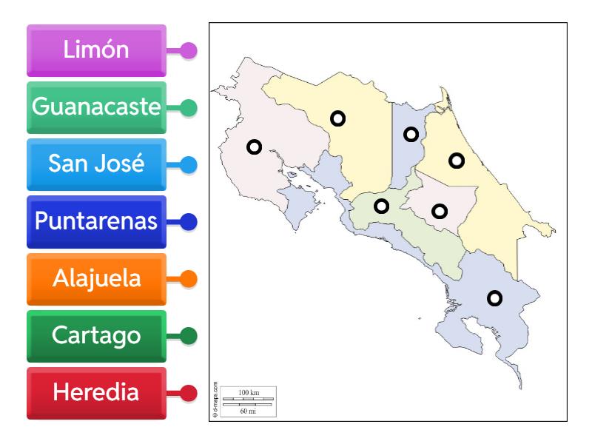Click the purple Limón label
coord(96,50)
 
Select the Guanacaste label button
coord(96,107)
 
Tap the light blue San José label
coord(96,164)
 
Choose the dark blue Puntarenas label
coord(96,221)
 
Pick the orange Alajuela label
coord(96,278)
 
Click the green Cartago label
coord(96,335)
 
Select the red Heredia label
coord(96,392)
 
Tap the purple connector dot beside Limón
coord(189,51)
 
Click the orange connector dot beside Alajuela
coord(189,279)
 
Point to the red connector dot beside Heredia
coord(189,393)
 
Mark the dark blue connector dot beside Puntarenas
coord(189,221)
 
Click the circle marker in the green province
coord(381,206)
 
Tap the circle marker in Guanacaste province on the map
coord(254,147)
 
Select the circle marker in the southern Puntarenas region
coord(494,298)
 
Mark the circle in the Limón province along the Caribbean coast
coord(457,159)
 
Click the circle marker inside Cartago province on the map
coord(440,211)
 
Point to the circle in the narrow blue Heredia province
coord(411,134)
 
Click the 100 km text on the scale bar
coord(249,391)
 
